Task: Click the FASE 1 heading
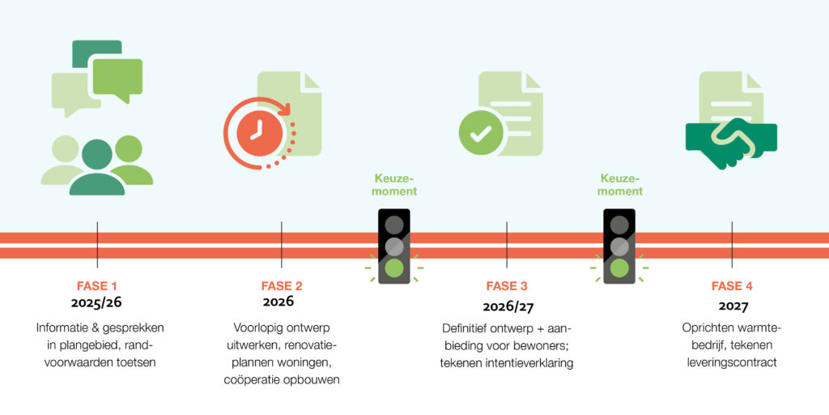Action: [97, 286]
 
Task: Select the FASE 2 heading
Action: [282, 286]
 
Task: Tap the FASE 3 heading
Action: [507, 286]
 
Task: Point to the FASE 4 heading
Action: [732, 286]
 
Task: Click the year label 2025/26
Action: [97, 303]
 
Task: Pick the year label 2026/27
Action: [507, 306]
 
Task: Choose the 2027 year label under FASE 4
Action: [733, 306]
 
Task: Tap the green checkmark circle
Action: [480, 134]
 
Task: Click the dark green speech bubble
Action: [97, 53]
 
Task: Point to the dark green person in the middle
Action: [97, 168]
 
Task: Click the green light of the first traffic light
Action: [394, 267]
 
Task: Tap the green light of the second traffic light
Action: [619, 267]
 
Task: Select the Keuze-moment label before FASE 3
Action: [394, 185]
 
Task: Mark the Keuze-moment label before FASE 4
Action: [619, 185]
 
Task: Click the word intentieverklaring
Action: [534, 364]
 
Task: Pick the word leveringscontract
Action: [732, 363]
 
